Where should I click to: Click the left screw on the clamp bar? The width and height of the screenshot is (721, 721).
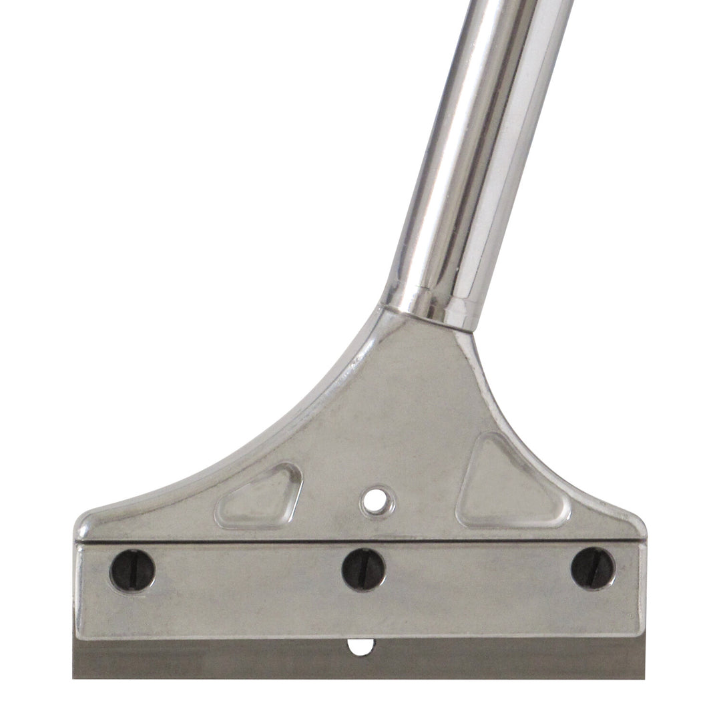pyautogui.click(x=132, y=570)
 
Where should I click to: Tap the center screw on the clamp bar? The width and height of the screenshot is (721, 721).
pyautogui.click(x=364, y=569)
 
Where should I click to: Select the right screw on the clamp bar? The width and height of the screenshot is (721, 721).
pyautogui.click(x=593, y=568)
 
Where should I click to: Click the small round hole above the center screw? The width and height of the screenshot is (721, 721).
pyautogui.click(x=377, y=500)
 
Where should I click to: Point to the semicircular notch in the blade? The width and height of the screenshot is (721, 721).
pyautogui.click(x=360, y=646)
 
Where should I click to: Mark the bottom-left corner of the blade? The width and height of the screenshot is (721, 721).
pyautogui.click(x=73, y=678)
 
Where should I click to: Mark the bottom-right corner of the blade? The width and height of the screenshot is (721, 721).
pyautogui.click(x=644, y=678)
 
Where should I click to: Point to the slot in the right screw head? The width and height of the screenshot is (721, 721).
pyautogui.click(x=592, y=567)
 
